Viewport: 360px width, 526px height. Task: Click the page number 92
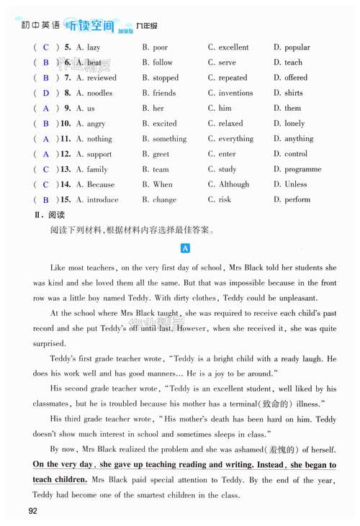[32, 511]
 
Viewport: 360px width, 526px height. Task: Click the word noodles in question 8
[99, 93]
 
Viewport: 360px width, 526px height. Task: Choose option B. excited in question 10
[159, 123]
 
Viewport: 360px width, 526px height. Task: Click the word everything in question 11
[236, 139]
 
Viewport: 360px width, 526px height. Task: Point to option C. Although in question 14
[228, 184]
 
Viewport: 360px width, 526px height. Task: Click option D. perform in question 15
[292, 199]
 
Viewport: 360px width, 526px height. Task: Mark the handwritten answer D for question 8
[46, 93]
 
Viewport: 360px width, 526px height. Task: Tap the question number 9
[66, 108]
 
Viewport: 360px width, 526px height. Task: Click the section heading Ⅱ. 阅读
[49, 215]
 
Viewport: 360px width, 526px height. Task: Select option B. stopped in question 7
[160, 78]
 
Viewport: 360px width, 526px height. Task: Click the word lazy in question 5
[94, 47]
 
